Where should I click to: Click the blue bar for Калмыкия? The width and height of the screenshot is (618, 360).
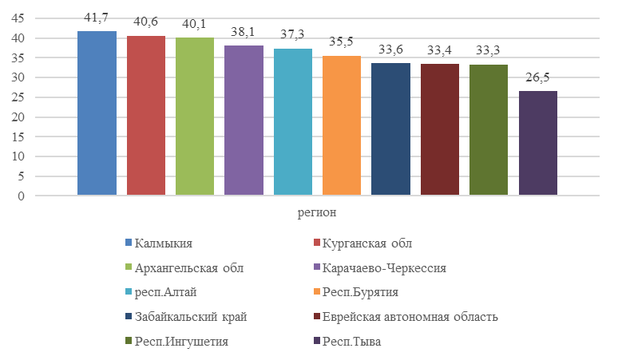[97, 113]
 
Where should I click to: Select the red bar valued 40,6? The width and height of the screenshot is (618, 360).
[146, 116]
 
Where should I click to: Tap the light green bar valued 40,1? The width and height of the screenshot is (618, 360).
[195, 117]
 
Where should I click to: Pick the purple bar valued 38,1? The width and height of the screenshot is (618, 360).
[244, 121]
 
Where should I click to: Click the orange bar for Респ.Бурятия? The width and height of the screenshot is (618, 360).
[342, 125]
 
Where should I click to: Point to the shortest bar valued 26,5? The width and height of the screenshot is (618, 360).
[538, 144]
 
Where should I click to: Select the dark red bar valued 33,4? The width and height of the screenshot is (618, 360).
[440, 130]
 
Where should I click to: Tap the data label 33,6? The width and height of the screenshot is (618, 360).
[391, 50]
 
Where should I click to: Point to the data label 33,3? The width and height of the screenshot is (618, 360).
[489, 50]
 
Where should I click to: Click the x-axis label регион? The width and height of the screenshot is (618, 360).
[317, 212]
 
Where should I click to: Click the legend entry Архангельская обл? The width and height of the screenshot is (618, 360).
[188, 267]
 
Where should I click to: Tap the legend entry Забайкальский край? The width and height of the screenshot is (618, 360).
[191, 317]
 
